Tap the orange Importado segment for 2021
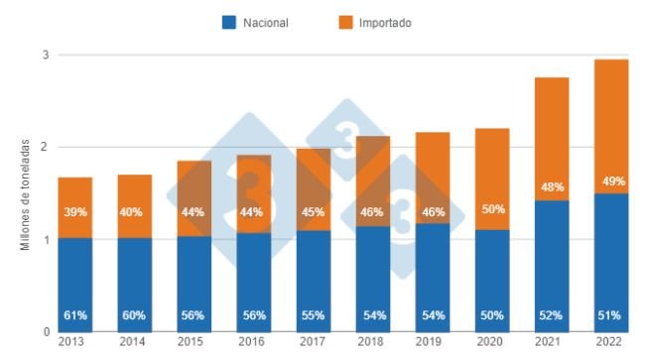click(550, 139)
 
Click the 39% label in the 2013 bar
click(74, 212)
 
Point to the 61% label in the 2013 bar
click(74, 315)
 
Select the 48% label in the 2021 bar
click(550, 186)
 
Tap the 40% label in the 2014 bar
click(134, 212)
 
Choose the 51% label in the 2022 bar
click(609, 315)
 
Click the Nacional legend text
click(267, 22)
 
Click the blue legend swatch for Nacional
click(228, 22)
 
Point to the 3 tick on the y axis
click(45, 56)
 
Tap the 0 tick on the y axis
click(45, 332)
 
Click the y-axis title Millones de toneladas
click(25, 194)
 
